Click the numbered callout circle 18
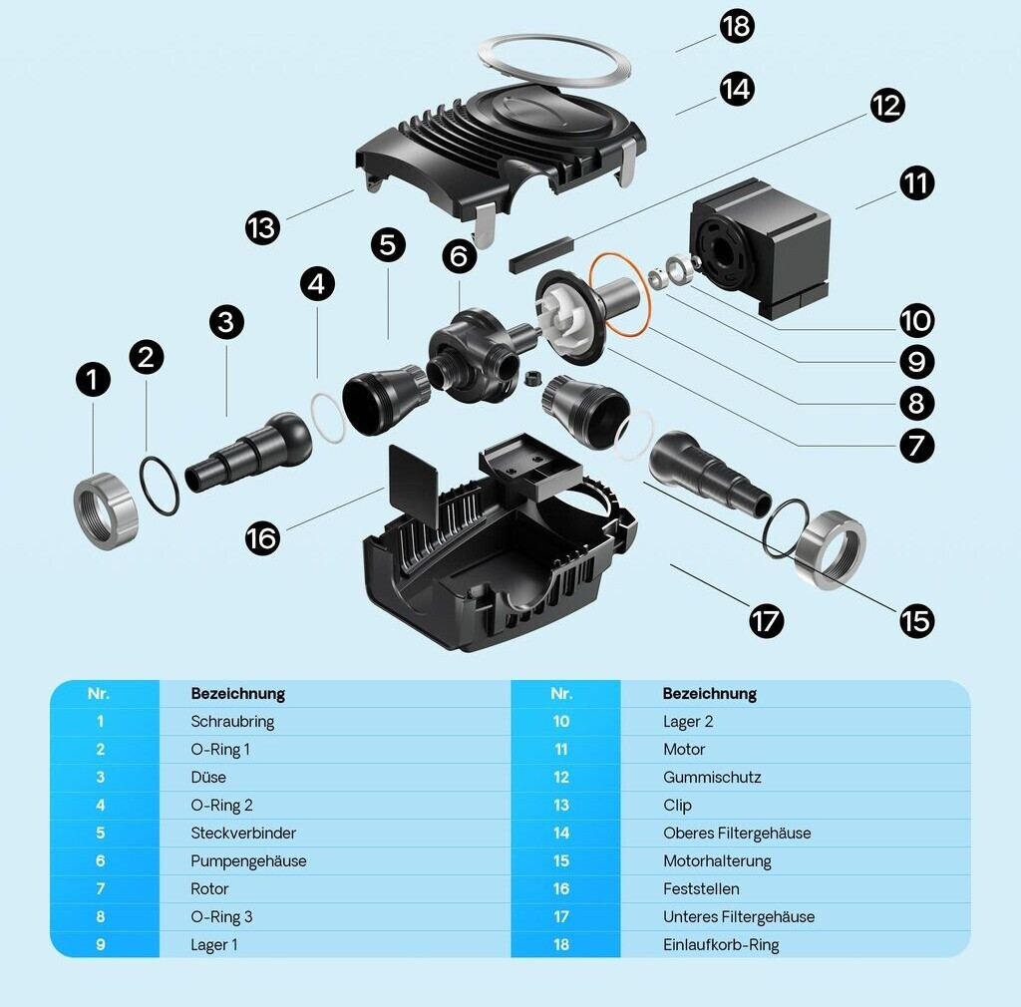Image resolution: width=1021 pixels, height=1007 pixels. [x=736, y=26]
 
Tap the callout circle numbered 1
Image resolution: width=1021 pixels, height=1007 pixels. [x=94, y=379]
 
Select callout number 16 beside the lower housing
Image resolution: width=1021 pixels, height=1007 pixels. [x=262, y=538]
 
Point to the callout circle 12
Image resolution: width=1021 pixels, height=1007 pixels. [x=886, y=105]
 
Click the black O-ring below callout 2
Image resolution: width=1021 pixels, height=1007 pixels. [x=159, y=486]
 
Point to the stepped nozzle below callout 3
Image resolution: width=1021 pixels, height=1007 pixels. [x=249, y=454]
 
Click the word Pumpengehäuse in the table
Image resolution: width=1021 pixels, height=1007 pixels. [x=248, y=861]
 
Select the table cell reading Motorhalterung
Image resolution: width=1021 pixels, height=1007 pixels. [x=717, y=861]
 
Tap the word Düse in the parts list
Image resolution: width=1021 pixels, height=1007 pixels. [x=208, y=778]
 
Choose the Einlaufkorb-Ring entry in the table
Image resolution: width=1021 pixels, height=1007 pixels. [x=721, y=945]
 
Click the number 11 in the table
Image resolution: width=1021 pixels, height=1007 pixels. [x=561, y=750]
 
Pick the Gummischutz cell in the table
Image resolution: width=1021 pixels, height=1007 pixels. [x=712, y=778]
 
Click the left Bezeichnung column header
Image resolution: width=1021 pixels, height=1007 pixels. [x=237, y=694]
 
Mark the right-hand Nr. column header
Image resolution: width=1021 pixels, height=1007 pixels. [x=561, y=694]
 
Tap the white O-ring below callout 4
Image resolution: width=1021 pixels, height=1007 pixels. [x=327, y=419]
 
